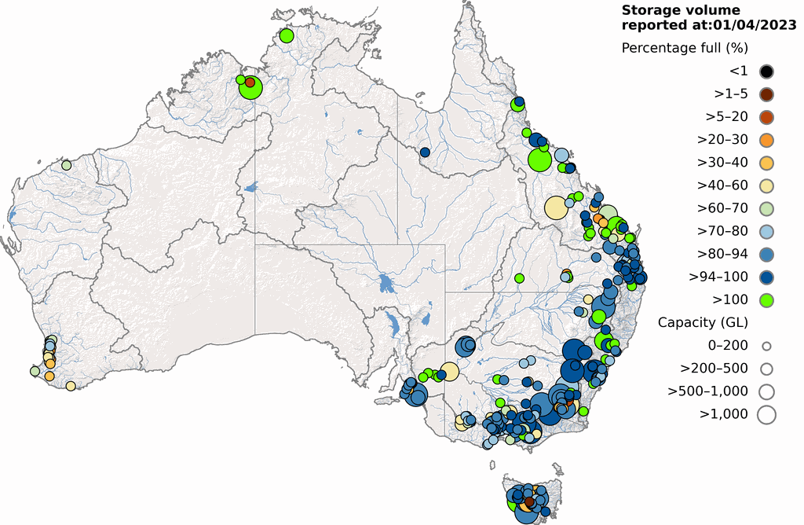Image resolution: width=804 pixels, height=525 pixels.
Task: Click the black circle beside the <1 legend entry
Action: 766,72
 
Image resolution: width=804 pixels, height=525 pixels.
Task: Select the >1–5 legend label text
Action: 730,94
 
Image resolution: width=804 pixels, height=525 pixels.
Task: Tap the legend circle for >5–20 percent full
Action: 766,117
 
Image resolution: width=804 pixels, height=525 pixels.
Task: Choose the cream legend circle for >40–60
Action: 766,185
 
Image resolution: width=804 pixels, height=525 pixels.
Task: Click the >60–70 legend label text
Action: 721,208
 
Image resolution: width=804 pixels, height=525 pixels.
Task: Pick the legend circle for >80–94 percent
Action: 766,254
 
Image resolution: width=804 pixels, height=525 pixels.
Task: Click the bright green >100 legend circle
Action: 766,299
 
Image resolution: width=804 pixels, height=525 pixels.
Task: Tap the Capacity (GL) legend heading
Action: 703,322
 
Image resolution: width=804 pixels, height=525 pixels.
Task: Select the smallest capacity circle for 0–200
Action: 766,345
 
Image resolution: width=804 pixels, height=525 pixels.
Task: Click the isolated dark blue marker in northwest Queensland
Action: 425,152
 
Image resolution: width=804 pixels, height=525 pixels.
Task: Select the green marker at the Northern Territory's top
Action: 286,35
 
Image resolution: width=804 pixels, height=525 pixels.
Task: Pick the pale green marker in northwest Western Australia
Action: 67,165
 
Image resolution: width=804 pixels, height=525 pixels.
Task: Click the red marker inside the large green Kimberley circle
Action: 250,83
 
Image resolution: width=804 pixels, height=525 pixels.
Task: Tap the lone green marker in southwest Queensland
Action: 519,277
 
